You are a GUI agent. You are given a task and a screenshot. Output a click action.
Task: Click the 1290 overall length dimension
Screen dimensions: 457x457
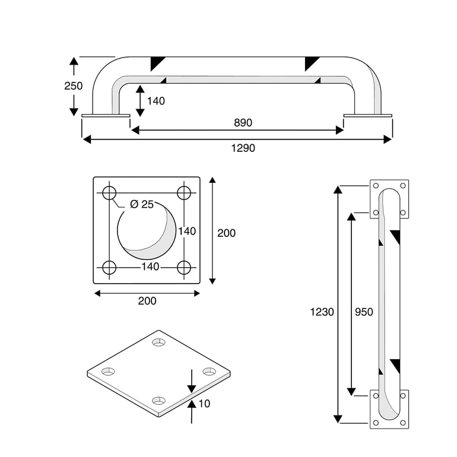[x=243, y=148]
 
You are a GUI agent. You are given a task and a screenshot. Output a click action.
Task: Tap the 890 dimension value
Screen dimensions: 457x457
[x=242, y=123]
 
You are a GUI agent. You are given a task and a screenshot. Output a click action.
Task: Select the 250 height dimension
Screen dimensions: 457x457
[x=73, y=86]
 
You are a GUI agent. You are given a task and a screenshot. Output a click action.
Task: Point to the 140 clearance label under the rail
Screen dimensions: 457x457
[x=155, y=101]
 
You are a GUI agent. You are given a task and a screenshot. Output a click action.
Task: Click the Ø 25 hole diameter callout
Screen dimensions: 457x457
[x=141, y=204]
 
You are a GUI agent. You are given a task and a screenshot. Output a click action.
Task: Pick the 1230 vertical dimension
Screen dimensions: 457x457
[x=322, y=312]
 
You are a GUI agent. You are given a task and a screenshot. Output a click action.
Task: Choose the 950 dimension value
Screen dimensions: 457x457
[x=363, y=312]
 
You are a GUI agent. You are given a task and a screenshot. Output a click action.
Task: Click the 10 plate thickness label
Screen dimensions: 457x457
[x=204, y=404]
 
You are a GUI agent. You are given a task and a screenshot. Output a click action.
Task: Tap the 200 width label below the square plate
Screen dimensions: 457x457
[x=147, y=301]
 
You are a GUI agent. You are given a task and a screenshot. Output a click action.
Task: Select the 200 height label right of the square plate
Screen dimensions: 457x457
[x=226, y=233]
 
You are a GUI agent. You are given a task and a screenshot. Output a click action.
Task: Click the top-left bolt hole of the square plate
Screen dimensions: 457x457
[x=109, y=193]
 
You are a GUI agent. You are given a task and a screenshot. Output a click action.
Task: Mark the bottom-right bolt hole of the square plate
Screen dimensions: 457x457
[x=184, y=268]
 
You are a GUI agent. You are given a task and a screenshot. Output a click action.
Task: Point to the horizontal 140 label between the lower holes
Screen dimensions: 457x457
[x=150, y=267]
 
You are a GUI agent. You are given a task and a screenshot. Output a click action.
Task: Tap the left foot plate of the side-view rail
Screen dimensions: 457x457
[x=106, y=116]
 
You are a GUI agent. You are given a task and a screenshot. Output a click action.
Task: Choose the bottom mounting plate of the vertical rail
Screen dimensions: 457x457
[x=389, y=408]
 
